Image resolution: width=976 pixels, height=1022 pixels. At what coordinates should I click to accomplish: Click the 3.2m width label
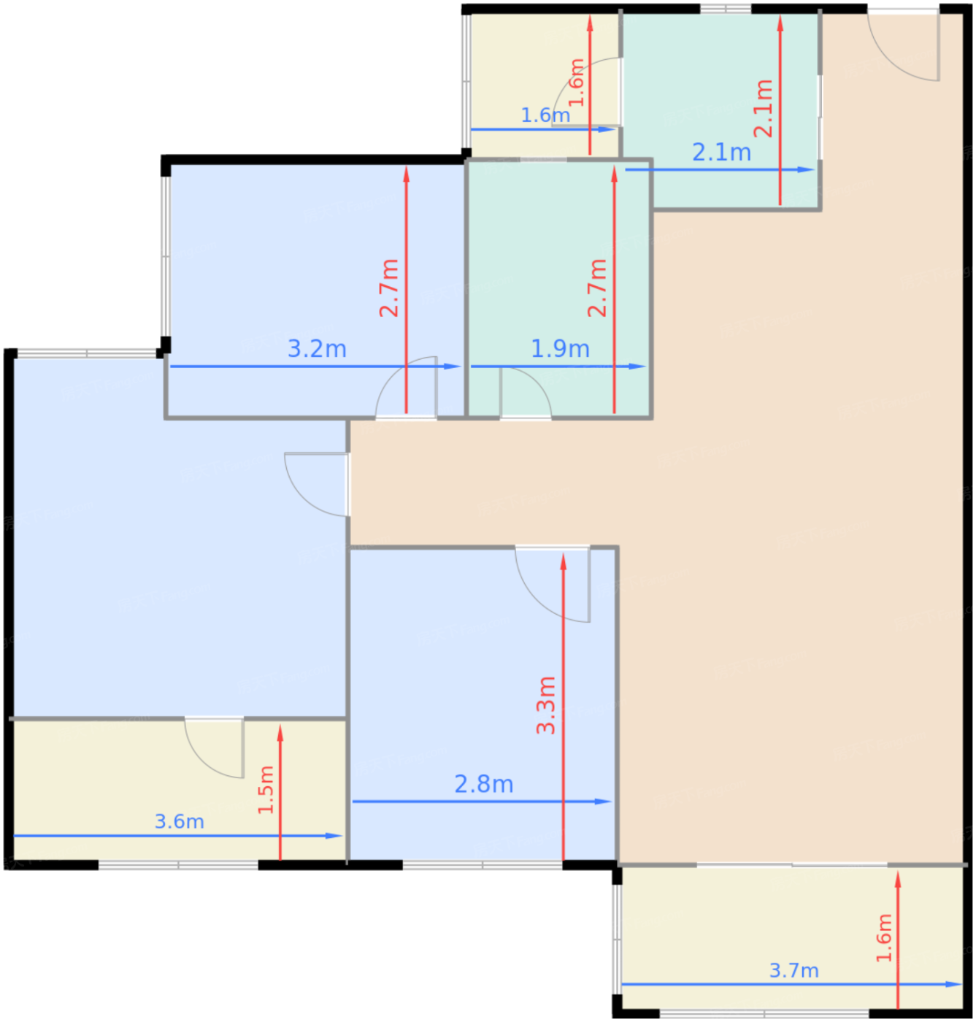317,349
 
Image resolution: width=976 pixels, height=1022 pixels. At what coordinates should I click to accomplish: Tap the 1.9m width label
560,349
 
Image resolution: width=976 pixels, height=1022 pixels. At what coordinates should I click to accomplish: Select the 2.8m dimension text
483,785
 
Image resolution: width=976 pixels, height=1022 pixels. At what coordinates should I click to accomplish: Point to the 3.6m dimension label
179,822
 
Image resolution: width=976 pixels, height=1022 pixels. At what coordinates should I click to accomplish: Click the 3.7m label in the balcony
794,970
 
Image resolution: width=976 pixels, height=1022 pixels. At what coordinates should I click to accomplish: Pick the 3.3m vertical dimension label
546,705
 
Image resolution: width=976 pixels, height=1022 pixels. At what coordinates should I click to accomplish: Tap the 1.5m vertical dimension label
266,790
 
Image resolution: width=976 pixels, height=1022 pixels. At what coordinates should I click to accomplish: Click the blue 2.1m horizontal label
721,153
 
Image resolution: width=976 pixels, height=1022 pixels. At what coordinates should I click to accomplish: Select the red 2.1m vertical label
764,108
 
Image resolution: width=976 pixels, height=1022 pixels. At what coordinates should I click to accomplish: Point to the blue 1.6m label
545,115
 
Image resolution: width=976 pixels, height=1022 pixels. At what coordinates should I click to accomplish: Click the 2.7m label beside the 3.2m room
389,288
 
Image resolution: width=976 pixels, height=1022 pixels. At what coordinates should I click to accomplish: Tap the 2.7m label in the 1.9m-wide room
597,288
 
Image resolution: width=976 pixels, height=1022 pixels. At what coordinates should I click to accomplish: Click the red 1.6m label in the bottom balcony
885,939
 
